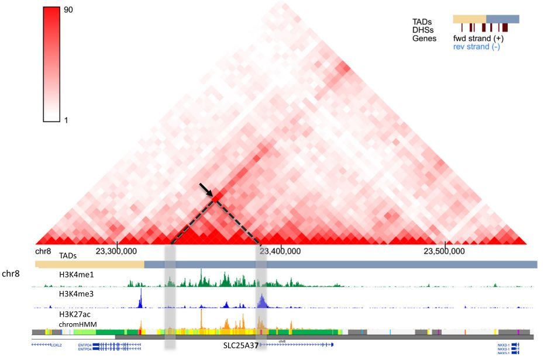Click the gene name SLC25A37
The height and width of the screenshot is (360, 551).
[241, 345]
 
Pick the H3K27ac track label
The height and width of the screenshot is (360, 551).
[74, 315]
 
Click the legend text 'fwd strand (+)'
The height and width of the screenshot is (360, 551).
[478, 38]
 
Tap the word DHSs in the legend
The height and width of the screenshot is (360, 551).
[423, 30]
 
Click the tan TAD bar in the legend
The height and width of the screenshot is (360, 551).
[469, 19]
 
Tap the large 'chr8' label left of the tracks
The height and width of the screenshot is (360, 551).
[12, 273]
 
